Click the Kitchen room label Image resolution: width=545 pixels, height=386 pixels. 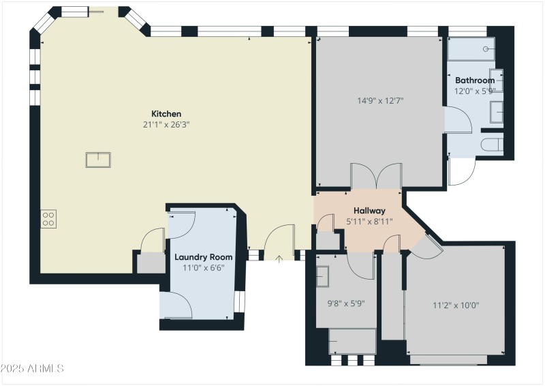pos(166,114)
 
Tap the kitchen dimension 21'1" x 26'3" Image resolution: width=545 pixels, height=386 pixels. pos(166,125)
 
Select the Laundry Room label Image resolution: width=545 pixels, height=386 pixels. pos(203,257)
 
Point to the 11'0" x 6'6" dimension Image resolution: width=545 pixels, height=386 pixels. pos(203,268)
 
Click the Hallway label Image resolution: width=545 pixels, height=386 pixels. pos(369,211)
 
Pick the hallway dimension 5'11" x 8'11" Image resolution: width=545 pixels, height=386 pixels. pos(369,221)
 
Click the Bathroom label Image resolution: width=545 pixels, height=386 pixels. pos(474,80)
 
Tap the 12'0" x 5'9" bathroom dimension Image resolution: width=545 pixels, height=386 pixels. pos(474,90)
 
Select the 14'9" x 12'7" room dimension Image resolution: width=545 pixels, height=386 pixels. pos(380,101)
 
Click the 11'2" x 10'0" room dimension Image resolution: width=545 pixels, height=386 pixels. pos(456,306)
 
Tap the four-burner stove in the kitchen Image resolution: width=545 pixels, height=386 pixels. pos(49,218)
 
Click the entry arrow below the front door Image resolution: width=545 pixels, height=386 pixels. pos(279,258)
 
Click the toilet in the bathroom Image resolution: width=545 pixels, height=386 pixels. pos(493,144)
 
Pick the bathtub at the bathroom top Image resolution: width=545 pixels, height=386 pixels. pos(470,49)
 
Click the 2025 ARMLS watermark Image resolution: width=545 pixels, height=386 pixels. pos(32,368)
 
